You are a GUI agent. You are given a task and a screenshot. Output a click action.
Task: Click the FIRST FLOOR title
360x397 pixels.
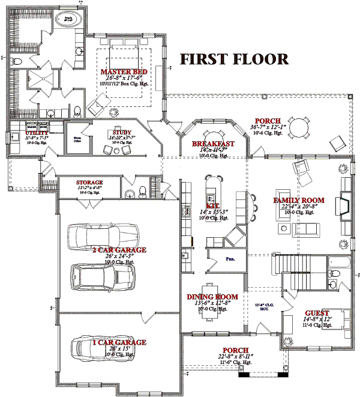tap(234, 59)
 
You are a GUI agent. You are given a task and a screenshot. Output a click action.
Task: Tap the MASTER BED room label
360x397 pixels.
tap(125, 71)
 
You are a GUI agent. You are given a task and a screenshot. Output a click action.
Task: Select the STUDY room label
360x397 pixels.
tap(119, 132)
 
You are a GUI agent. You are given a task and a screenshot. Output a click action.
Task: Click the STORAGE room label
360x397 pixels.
tap(89, 182)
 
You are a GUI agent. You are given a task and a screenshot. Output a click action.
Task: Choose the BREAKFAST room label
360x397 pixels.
tap(214, 144)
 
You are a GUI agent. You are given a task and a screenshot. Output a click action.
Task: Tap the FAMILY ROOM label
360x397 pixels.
tap(299, 200)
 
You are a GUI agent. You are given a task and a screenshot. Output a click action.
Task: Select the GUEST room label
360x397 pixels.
tap(317, 313)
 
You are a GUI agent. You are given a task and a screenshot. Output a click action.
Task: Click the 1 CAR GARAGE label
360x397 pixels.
tap(119, 342)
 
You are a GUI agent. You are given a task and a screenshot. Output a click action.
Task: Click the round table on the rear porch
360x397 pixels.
tap(298, 127)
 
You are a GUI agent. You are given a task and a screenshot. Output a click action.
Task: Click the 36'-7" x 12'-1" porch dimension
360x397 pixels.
tap(266, 127)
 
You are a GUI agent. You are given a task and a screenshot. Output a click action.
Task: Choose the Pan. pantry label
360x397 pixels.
tap(230, 259)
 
